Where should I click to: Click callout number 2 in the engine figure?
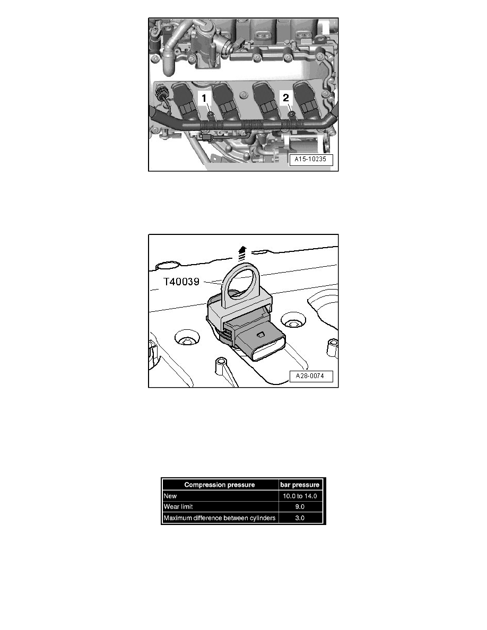285,98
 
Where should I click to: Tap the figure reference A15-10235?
311,160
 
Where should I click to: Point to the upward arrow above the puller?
243,251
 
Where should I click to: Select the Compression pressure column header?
220,484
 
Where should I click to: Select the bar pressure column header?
301,484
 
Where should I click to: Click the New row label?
170,495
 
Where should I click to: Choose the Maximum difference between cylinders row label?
220,518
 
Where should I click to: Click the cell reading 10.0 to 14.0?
301,495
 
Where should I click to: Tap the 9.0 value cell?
301,506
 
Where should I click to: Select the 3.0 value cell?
301,518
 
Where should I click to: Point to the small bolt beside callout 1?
211,114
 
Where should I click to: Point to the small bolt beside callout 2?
291,113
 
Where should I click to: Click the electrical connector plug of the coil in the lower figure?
260,345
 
